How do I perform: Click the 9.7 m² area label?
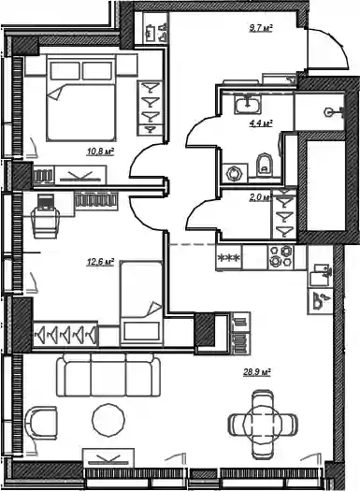tap(261, 29)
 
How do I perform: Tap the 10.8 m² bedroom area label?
tap(100, 152)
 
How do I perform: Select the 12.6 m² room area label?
tap(100, 262)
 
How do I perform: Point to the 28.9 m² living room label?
tap(257, 372)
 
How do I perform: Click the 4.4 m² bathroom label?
tap(261, 123)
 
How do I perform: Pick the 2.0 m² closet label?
tap(260, 197)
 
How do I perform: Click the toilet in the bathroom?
tap(265, 165)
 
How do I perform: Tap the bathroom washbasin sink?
tap(247, 104)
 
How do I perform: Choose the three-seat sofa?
tap(108, 375)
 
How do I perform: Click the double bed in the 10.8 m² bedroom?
tap(81, 97)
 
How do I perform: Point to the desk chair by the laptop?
tap(47, 223)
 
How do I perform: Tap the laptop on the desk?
tap(46, 202)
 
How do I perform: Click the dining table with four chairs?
tap(263, 423)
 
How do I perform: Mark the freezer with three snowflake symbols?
tap(229, 258)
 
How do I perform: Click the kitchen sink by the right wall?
tap(320, 274)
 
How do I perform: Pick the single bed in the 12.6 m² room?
tap(141, 303)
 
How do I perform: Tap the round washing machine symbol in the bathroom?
tap(235, 173)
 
